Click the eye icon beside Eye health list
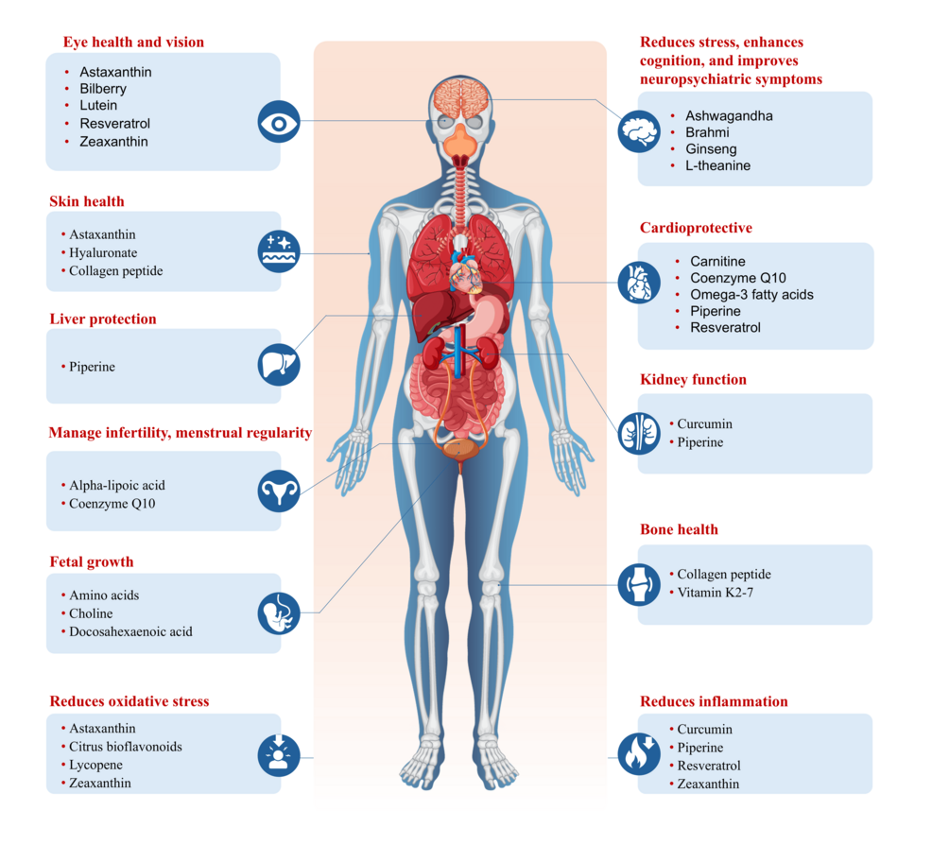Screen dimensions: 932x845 click(x=279, y=122)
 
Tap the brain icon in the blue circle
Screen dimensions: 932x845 click(x=639, y=131)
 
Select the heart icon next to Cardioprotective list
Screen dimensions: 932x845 click(x=639, y=283)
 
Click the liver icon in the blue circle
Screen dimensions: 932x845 click(x=279, y=364)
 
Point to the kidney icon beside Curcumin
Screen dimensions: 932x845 click(x=639, y=433)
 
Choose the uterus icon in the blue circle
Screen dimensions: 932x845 click(x=279, y=491)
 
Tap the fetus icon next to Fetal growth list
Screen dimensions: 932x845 click(x=279, y=613)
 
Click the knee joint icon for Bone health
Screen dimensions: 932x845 click(x=639, y=585)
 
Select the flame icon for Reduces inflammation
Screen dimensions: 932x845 click(x=639, y=754)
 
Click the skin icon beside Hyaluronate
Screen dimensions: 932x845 click(x=279, y=251)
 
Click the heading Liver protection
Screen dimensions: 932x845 click(x=103, y=319)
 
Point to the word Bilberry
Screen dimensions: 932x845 click(x=103, y=89)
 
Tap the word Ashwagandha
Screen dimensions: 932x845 click(x=729, y=116)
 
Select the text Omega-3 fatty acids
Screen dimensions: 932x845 click(x=751, y=294)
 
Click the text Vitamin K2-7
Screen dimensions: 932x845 click(x=715, y=593)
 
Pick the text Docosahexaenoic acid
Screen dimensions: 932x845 click(x=130, y=631)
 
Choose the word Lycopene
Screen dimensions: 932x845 click(x=95, y=765)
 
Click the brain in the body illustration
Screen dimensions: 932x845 click(x=461, y=96)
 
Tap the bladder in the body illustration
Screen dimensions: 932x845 click(x=460, y=450)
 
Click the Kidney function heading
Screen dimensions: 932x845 click(x=693, y=380)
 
